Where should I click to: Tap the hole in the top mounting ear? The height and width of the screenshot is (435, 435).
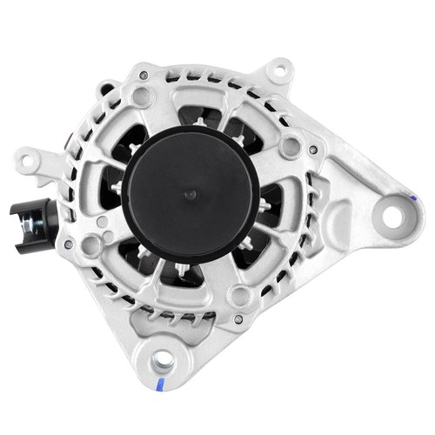point(278,67)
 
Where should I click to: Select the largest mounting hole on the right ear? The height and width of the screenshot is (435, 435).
point(394,215)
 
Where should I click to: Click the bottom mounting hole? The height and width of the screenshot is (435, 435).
point(163,364)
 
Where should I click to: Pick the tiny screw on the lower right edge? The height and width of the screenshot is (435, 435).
point(238,319)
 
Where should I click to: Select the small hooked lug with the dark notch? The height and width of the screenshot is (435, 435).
point(107,87)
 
